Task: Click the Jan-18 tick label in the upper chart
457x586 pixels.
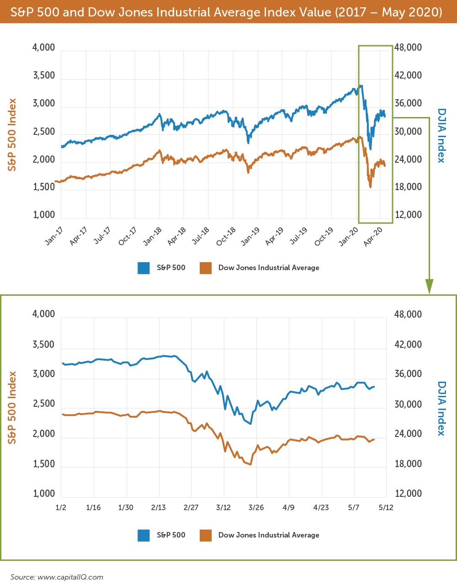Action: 153,236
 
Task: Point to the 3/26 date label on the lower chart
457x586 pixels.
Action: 256,507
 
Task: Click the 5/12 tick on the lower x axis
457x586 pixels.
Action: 386,507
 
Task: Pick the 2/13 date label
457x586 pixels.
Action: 159,507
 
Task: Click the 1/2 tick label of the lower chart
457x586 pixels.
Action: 61,507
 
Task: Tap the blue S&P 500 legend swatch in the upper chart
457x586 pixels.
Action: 143,268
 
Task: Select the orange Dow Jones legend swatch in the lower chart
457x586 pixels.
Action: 206,535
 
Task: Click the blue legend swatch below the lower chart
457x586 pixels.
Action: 143,535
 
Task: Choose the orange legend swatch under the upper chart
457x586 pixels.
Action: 206,268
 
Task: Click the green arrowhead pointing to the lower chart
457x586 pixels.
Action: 429,286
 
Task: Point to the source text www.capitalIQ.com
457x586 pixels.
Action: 70,577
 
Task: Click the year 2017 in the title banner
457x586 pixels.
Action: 350,12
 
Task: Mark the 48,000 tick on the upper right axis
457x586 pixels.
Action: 408,48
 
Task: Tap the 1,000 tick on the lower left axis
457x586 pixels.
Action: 44,494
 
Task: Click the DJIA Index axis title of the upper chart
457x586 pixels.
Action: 441,135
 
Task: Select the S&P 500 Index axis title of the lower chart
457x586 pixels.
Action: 12,407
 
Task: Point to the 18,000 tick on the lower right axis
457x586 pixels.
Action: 408,464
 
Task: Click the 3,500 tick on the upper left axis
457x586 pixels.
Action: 44,75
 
